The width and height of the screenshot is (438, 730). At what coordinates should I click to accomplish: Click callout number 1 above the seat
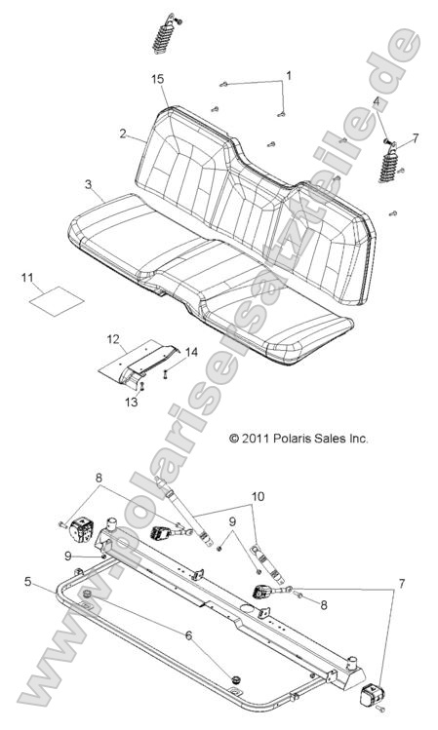(288, 75)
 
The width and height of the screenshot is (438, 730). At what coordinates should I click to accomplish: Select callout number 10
(257, 497)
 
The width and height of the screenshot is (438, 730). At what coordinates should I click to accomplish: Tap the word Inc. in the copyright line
(358, 440)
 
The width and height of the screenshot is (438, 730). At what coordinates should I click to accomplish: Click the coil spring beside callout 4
(389, 162)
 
